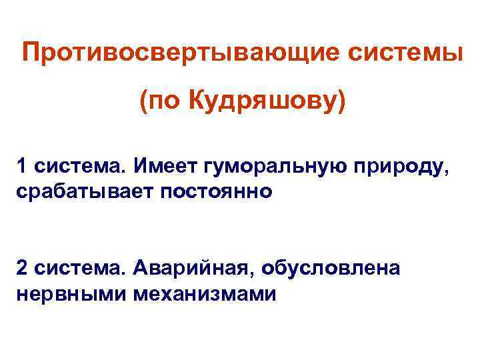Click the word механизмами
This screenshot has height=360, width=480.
[x=203, y=293]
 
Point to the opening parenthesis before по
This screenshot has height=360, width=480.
[x=144, y=103]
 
